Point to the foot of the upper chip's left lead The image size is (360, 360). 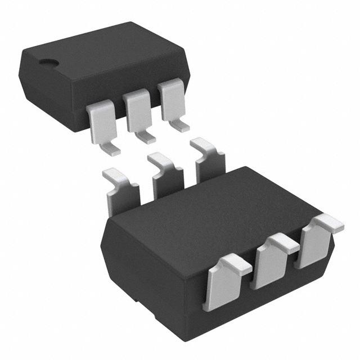click(111, 149)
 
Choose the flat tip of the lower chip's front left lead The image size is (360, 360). click(236, 264)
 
